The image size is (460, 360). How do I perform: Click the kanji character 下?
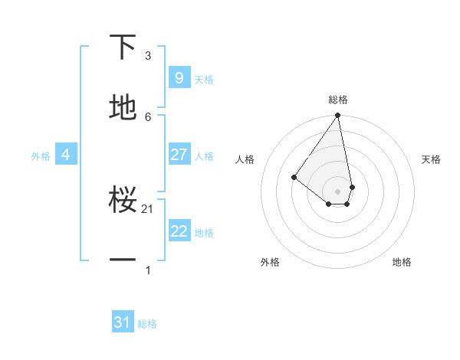pos(123,47)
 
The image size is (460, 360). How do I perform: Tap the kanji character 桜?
pos(123,200)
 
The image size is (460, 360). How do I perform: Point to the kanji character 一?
pos(123,261)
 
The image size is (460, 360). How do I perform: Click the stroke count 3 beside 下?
pos(148,56)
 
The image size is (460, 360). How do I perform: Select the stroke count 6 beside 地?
pos(148,117)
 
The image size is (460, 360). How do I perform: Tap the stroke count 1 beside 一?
pos(148,270)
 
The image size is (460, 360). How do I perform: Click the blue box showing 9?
pos(179,77)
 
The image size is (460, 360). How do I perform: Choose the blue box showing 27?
pos(179,155)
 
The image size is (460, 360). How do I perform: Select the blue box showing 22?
pos(179,231)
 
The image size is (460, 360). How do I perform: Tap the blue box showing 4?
pos(66,155)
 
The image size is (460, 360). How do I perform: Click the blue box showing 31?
pos(123,322)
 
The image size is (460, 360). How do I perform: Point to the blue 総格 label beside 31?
pos(147,324)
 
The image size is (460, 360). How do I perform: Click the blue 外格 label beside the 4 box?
pos(41,155)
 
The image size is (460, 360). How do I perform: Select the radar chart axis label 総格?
pos(338,100)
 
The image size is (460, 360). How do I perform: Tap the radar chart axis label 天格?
pos(432,159)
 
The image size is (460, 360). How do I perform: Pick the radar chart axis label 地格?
pos(402,262)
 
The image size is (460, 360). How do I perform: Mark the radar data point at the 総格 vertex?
pos(338,116)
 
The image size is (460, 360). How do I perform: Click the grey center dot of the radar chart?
pos(338,191)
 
